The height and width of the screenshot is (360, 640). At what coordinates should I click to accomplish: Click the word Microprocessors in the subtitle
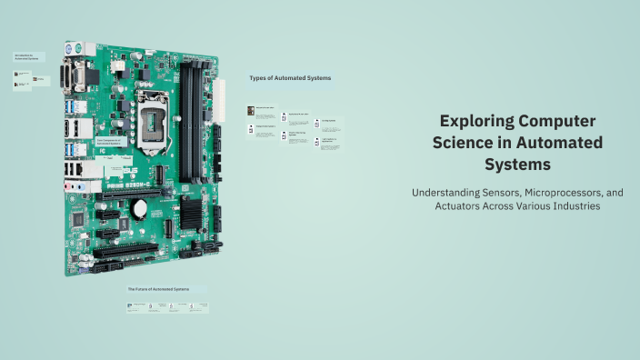[571, 193]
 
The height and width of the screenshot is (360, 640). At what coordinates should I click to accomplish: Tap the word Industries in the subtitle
[572, 206]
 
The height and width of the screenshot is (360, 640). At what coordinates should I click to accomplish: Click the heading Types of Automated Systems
[290, 78]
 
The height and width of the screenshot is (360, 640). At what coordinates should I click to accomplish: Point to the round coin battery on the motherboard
[141, 208]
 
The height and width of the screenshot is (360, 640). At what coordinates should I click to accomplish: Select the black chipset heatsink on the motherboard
[191, 212]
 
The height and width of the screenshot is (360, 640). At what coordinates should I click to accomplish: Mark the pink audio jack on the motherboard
[69, 183]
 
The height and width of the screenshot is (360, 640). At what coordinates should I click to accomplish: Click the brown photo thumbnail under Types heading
[250, 111]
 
